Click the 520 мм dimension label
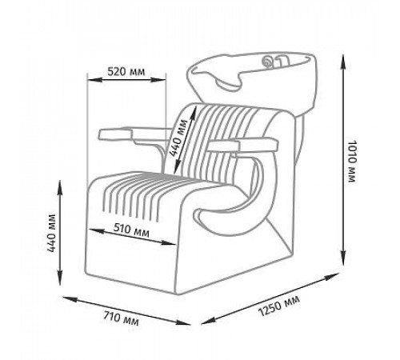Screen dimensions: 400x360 pos(126,71)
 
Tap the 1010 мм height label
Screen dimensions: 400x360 pos(352,161)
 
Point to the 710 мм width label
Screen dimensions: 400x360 pos(122,318)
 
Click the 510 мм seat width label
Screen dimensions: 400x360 pos(131,230)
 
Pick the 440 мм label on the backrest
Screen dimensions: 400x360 pos(178,138)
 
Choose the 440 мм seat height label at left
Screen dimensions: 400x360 pos(51,233)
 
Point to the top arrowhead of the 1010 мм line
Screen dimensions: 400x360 pos(344,62)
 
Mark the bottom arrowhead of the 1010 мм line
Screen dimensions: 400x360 pos(344,258)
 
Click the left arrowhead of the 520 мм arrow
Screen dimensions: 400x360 pos(94,79)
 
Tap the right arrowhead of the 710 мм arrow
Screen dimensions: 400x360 pos(183,322)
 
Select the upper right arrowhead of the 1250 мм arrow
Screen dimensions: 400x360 pos(331,276)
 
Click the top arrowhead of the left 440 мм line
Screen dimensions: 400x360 pos(60,188)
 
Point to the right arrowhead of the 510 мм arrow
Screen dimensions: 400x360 pos(169,242)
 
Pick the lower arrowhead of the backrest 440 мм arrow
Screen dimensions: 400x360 pos(177,167)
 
